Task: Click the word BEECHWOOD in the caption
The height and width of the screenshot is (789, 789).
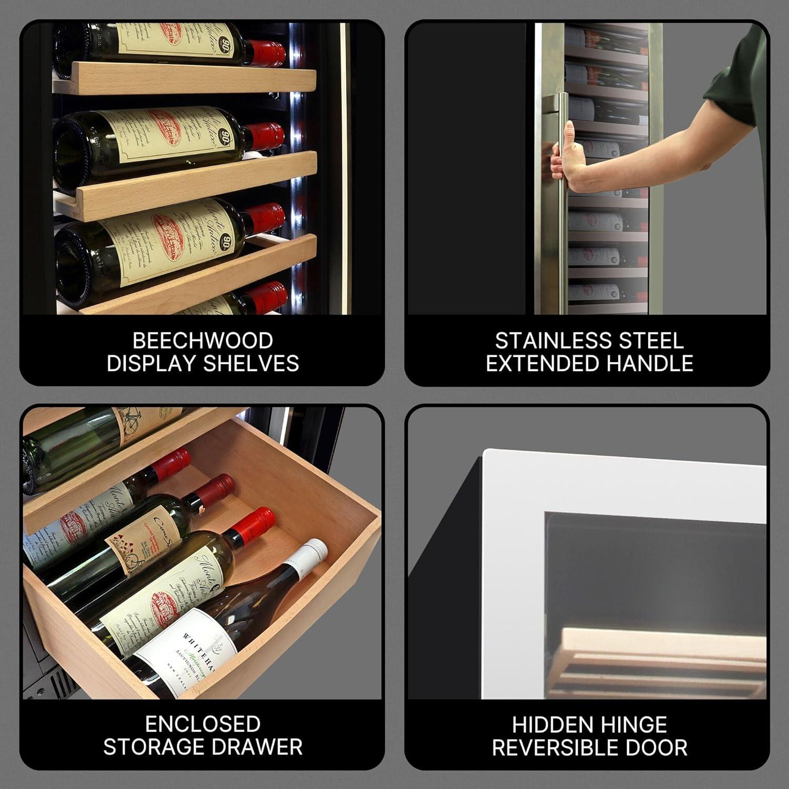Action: [x=203, y=340]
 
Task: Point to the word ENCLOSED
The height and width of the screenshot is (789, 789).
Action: [x=203, y=724]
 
